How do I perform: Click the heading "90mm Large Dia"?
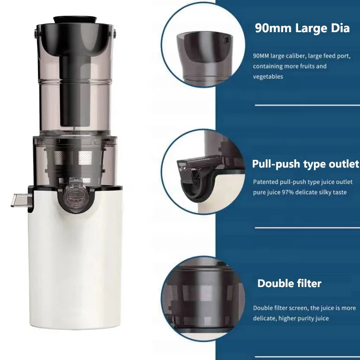(302, 28)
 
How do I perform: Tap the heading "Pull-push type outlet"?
(305, 164)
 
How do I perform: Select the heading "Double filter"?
(289, 283)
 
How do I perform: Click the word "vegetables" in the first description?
(268, 76)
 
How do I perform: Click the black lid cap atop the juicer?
(75, 20)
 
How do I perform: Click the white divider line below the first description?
(307, 104)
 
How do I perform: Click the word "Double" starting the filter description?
(263, 308)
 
